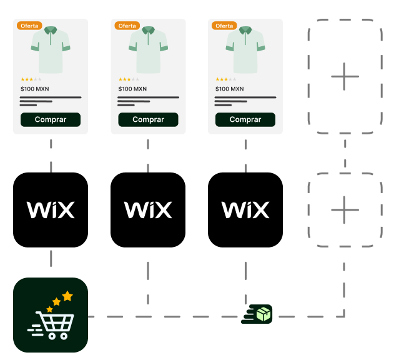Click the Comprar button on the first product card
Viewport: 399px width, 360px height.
point(51,119)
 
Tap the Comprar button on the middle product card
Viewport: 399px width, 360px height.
point(148,119)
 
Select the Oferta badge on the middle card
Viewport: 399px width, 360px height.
point(127,26)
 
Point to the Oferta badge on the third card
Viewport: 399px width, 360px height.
point(224,26)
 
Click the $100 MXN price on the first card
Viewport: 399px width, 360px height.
point(35,89)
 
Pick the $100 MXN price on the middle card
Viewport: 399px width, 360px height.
point(132,89)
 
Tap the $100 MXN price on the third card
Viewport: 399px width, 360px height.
point(230,89)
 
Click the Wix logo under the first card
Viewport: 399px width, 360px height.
point(51,210)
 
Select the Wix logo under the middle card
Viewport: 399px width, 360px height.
point(148,210)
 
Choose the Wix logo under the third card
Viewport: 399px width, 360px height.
point(245,210)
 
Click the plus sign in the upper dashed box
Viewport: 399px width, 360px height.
point(345,76)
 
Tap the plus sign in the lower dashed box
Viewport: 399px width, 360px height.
point(345,210)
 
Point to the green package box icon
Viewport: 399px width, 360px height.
point(264,314)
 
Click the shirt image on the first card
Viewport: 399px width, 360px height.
point(51,49)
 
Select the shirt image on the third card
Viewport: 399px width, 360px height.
point(245,49)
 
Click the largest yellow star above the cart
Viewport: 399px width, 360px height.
point(67,296)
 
